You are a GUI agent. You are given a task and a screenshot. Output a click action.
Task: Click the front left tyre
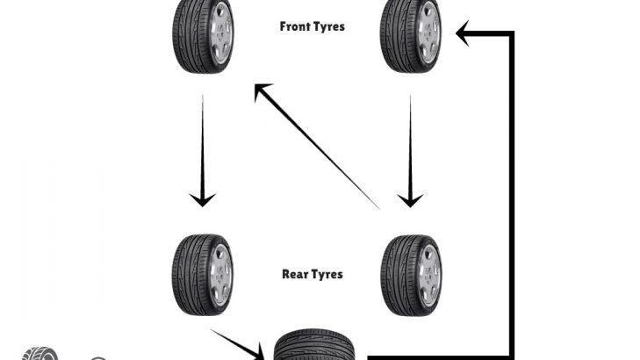pos(202,35)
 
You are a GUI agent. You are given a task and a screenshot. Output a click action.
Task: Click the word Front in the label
pos(295,26)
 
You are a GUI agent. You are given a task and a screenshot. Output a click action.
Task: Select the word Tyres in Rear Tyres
pos(327,274)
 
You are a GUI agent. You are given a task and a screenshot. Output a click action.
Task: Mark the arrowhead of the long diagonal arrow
pos(260,90)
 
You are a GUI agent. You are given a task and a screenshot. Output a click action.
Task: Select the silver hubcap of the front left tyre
pos(220,35)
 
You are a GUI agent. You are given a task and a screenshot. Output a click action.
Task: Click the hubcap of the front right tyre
pos(428,35)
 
